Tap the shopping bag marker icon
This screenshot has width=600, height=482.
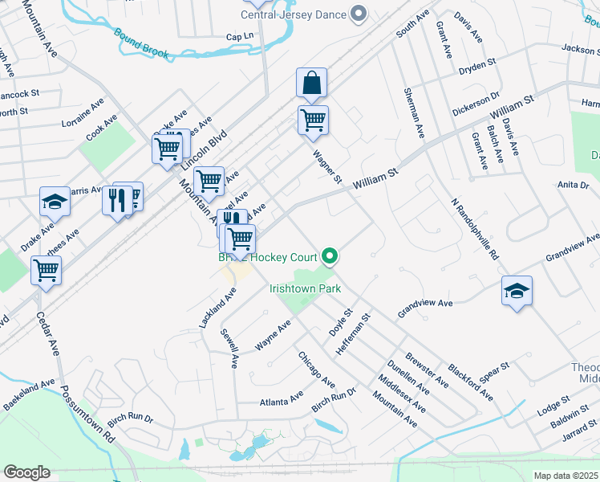311,83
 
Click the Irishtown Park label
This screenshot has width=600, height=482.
305,288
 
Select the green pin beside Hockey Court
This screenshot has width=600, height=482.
330,257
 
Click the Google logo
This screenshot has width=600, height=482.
26,472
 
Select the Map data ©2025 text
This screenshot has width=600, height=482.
566,476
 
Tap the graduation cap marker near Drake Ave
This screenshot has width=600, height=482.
55,203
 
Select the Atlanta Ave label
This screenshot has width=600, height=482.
281,399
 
